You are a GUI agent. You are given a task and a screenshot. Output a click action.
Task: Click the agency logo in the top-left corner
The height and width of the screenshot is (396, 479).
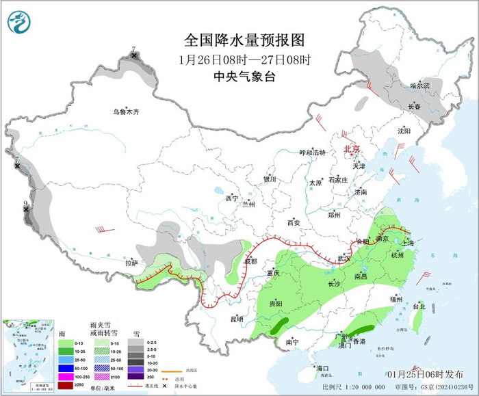[20, 22]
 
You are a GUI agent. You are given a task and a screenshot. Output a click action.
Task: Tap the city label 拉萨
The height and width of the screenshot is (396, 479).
[131, 263]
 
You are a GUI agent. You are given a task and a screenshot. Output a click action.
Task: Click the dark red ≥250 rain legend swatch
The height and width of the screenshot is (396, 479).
[66, 385]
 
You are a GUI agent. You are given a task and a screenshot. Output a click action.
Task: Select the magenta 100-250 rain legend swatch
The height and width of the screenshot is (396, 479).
[66, 376]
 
